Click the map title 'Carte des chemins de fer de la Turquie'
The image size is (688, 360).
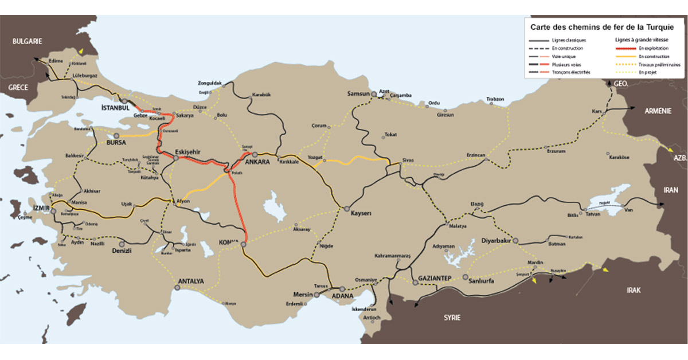[x=602, y=26]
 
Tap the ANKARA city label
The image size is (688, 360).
[x=257, y=162]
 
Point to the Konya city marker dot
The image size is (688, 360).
[x=243, y=245]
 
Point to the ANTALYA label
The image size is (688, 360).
[x=191, y=281]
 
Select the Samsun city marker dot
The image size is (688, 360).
[x=374, y=93]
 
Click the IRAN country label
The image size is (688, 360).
[x=670, y=190]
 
